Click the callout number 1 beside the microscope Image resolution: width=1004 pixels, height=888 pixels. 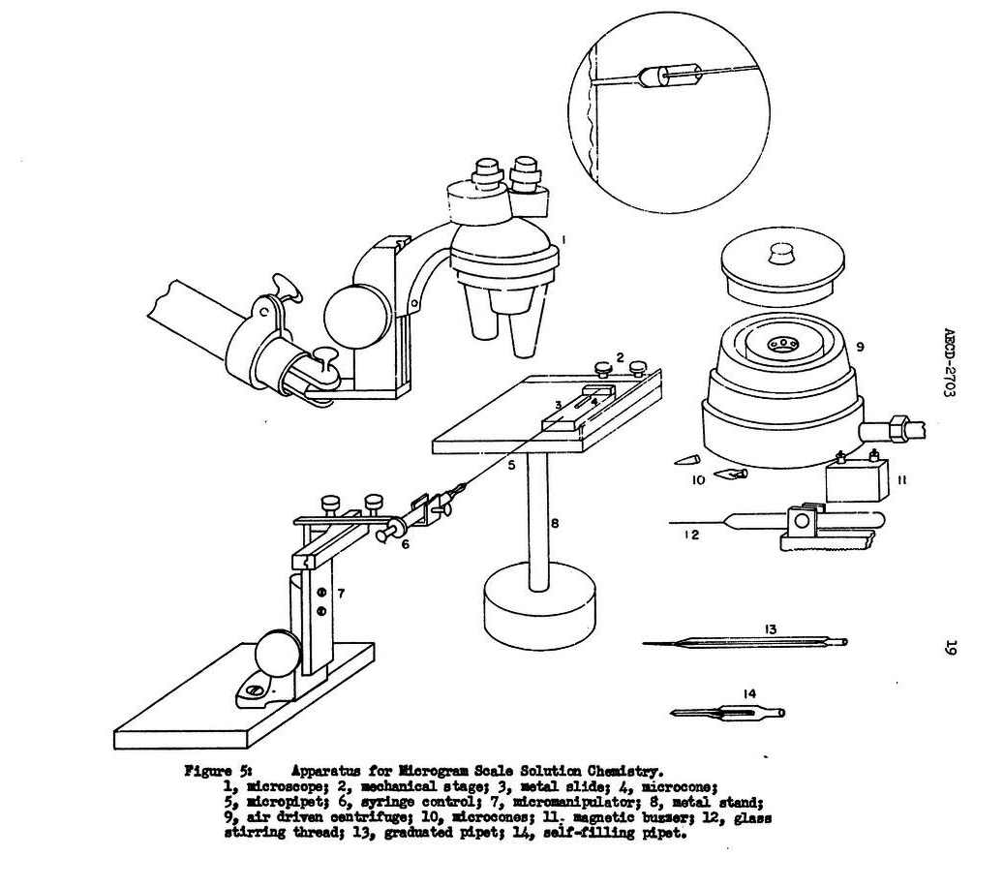(x=563, y=239)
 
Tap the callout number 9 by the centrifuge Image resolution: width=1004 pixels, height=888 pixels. (x=860, y=347)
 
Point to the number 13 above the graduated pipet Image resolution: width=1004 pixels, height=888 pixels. (x=770, y=629)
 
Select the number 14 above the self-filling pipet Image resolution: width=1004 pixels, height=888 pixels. (x=749, y=693)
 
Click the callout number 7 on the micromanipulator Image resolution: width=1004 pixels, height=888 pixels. (x=342, y=594)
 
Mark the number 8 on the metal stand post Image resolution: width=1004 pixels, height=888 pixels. (x=555, y=523)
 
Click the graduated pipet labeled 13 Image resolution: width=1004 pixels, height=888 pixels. (x=745, y=642)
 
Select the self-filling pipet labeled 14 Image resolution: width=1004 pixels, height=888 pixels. (x=728, y=712)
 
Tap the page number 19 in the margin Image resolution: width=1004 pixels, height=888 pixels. (x=949, y=647)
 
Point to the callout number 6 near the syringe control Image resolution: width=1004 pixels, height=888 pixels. (x=405, y=545)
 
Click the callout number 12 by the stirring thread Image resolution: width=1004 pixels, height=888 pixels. (x=691, y=535)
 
